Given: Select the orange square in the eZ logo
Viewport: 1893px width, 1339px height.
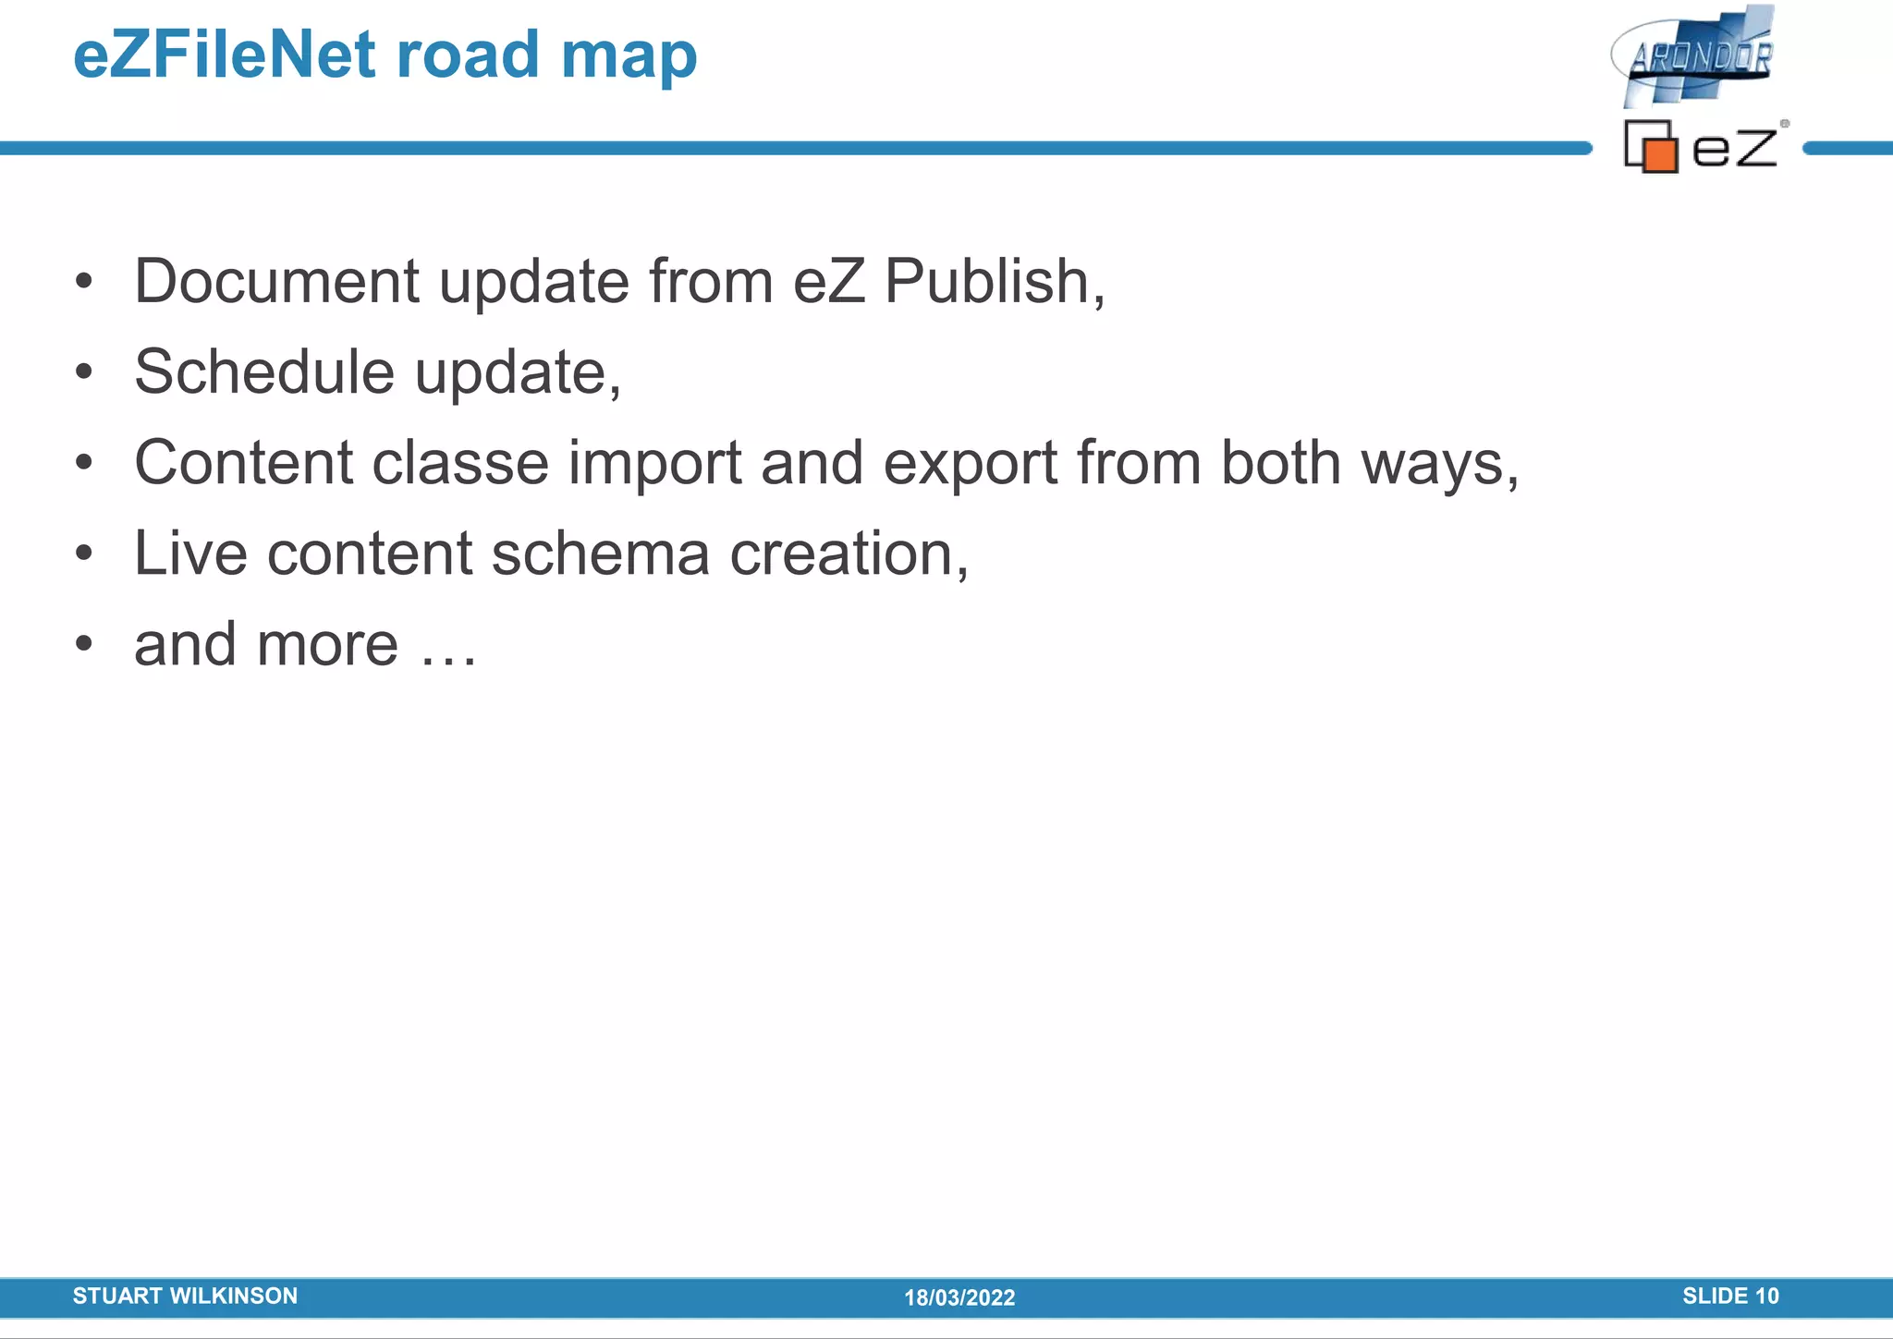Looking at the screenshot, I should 1660,154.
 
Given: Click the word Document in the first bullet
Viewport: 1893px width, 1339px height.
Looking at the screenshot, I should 276,281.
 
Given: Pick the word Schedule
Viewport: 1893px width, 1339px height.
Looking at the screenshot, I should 264,371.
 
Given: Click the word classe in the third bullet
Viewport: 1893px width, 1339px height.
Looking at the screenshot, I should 459,462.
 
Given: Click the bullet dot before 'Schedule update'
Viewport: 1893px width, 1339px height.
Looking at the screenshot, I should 84,372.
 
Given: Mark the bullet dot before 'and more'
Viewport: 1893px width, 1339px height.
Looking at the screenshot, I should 84,644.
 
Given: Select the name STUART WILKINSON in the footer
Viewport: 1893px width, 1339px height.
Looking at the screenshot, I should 185,1296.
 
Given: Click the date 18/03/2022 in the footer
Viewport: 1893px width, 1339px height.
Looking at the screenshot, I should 959,1297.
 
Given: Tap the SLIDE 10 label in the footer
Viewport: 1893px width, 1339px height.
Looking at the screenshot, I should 1730,1296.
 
